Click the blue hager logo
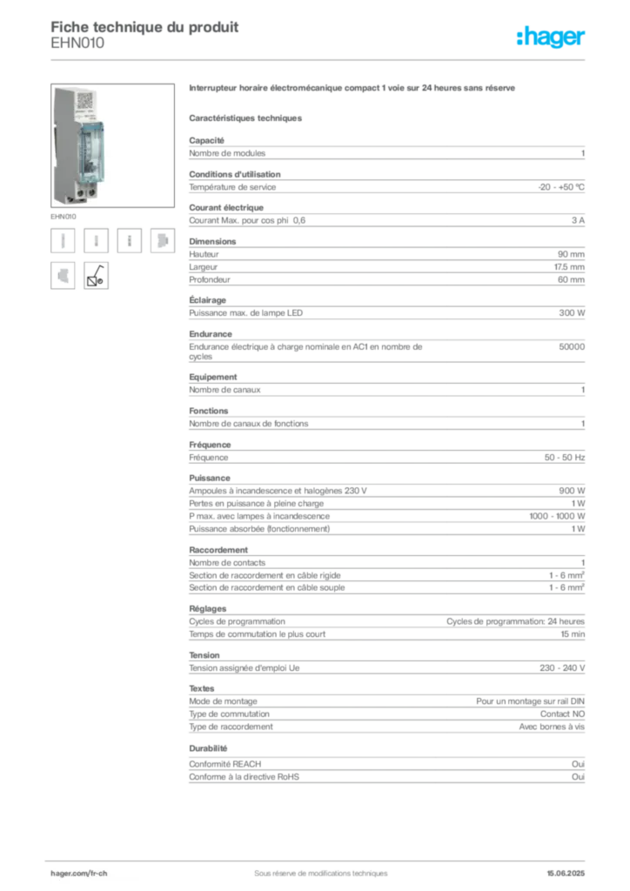click(552, 37)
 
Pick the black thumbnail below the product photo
click(96, 276)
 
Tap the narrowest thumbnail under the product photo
click(129, 241)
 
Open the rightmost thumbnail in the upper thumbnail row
click(162, 241)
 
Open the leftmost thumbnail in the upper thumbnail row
click(62, 241)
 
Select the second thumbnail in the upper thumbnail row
click(97, 241)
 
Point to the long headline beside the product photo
click(354, 90)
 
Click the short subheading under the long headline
click(246, 117)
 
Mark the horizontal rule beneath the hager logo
click(320, 59)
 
